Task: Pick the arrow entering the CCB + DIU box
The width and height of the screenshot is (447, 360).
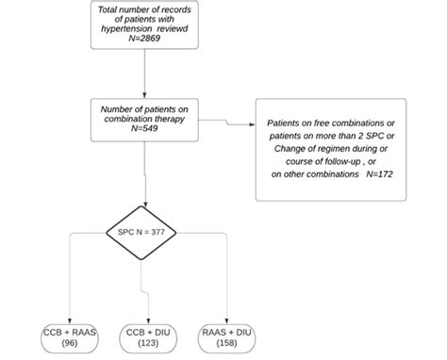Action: tap(146, 311)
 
